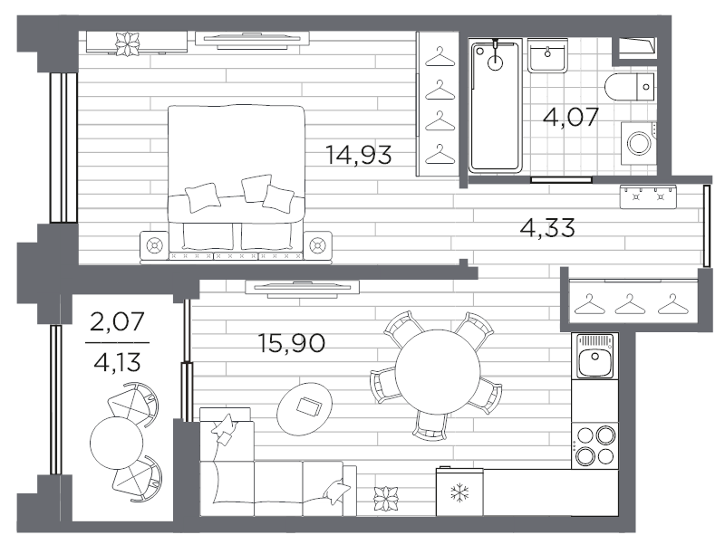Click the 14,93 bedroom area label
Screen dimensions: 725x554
pyautogui.click(x=359, y=155)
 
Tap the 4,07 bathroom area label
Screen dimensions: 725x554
pyautogui.click(x=571, y=117)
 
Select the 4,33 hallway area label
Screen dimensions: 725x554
pyautogui.click(x=547, y=227)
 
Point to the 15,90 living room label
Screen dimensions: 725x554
pyautogui.click(x=292, y=343)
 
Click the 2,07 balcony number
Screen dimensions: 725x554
pyautogui.click(x=118, y=321)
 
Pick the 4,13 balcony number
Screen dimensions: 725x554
pyautogui.click(x=118, y=362)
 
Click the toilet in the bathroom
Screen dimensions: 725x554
pyautogui.click(x=629, y=86)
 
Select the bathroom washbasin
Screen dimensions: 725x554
pyautogui.click(x=548, y=55)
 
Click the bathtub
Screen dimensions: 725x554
pyautogui.click(x=495, y=106)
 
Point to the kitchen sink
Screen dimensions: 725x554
pyautogui.click(x=594, y=356)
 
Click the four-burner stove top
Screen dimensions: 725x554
pyautogui.click(x=594, y=445)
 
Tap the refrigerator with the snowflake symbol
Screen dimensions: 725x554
pyautogui.click(x=459, y=492)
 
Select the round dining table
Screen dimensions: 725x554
pyautogui.click(x=438, y=372)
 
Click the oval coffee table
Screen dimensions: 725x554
pyautogui.click(x=304, y=407)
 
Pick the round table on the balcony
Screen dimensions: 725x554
pyautogui.click(x=117, y=443)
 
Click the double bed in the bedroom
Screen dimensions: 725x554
pyautogui.click(x=236, y=182)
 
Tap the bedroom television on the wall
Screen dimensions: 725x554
pyautogui.click(x=252, y=40)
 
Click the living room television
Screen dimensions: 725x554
pyautogui.click(x=303, y=288)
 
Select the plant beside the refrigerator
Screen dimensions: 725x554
pyautogui.click(x=386, y=499)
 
